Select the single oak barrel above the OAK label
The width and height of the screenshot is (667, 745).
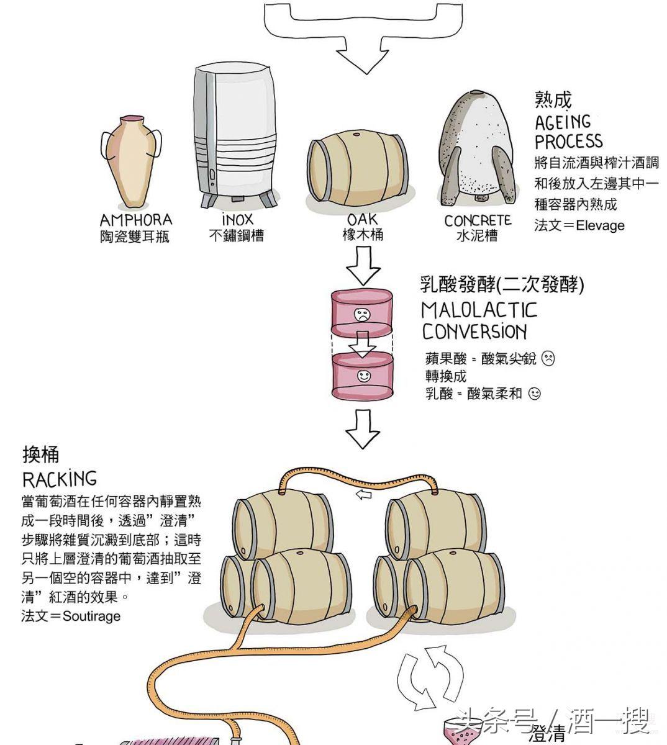[x=358, y=171]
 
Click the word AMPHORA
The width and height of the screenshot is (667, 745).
[x=135, y=220]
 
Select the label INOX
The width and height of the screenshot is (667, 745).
[x=237, y=220]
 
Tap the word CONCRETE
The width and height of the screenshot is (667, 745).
[x=478, y=220]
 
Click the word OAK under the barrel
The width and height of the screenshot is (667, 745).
[x=362, y=219]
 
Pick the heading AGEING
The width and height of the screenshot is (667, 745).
[x=563, y=122]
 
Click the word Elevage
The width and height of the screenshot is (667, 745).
[x=600, y=225]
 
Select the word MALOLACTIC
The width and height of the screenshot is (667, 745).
[x=479, y=310]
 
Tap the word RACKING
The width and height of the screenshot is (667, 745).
[x=60, y=479]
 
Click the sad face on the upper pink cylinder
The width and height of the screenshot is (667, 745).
[x=361, y=314]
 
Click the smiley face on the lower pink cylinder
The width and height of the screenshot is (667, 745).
[x=363, y=376]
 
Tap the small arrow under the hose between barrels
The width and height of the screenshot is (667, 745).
[x=363, y=495]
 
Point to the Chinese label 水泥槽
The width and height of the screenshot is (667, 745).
[x=477, y=237]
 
